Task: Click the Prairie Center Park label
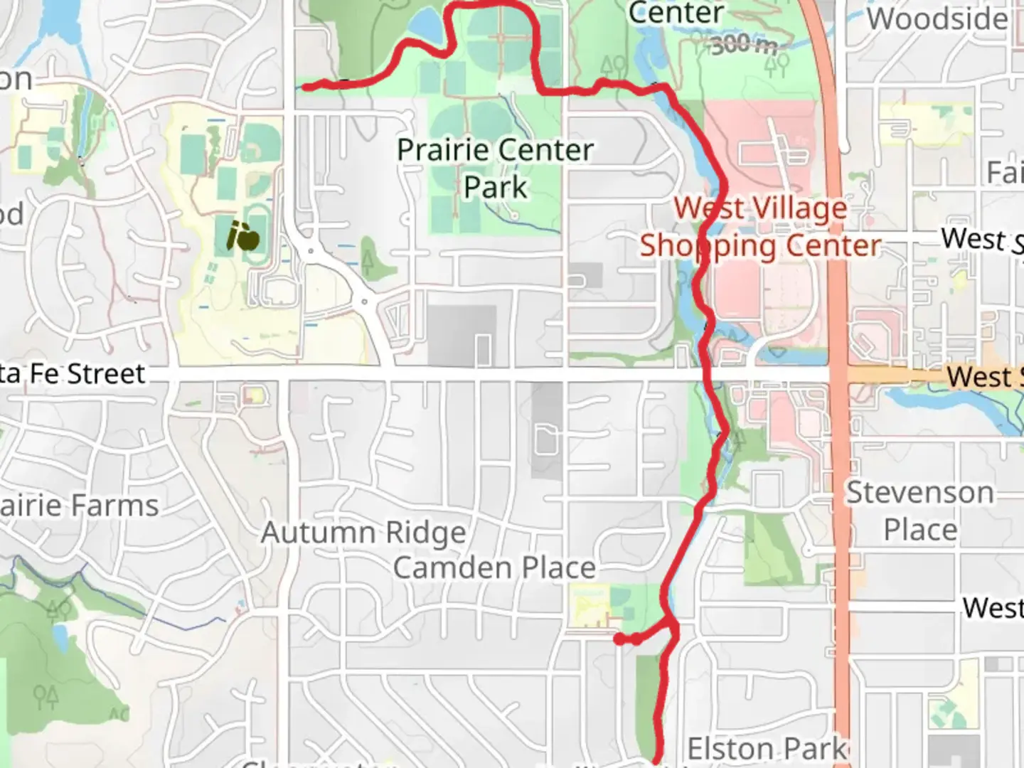point(495,169)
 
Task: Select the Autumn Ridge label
point(363,532)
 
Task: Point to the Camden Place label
point(494,567)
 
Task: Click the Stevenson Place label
point(919,511)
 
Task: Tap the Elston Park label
point(767,748)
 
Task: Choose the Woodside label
point(937,18)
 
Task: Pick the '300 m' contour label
point(744,45)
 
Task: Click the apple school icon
point(242,236)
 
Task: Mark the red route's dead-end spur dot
point(620,640)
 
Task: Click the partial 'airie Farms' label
point(79,506)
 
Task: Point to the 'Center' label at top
point(676,13)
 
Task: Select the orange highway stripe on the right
point(839,498)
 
